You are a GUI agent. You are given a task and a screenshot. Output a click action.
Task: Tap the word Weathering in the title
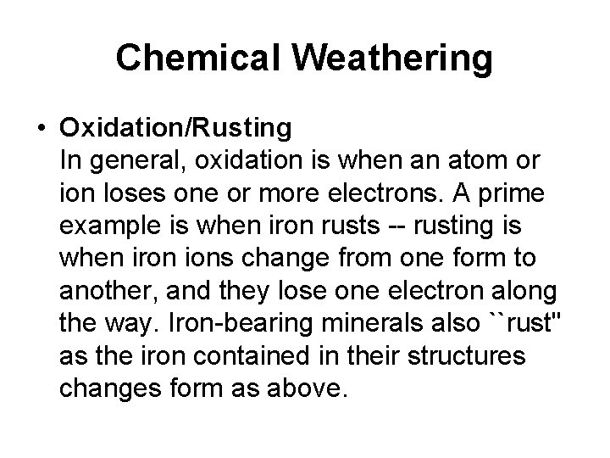(x=396, y=58)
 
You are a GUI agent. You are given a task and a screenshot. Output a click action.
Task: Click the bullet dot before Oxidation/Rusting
(x=42, y=128)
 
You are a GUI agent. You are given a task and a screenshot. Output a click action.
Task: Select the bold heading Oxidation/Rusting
(x=176, y=128)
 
